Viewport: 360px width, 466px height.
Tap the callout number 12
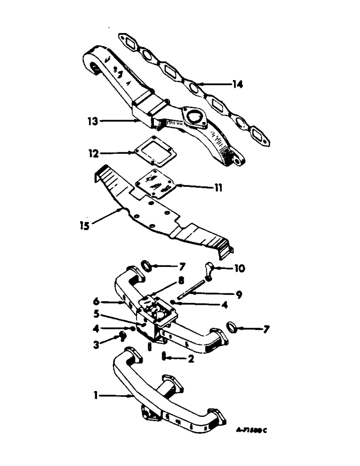point(93,152)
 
